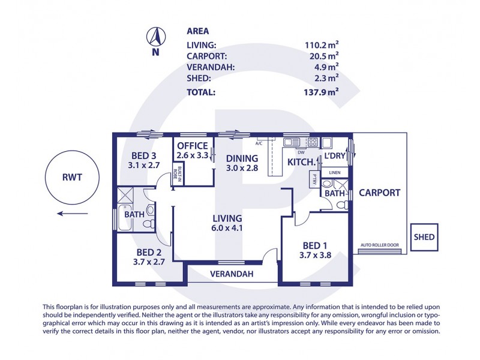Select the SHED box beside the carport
(x=424, y=237)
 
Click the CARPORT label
(x=379, y=193)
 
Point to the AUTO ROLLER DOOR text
(x=379, y=245)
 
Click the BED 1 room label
(x=314, y=245)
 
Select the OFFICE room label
(x=192, y=146)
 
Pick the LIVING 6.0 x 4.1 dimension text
(x=227, y=228)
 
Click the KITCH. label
(x=302, y=162)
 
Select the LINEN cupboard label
(x=334, y=173)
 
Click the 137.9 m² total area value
(x=320, y=92)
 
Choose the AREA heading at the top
(x=197, y=31)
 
